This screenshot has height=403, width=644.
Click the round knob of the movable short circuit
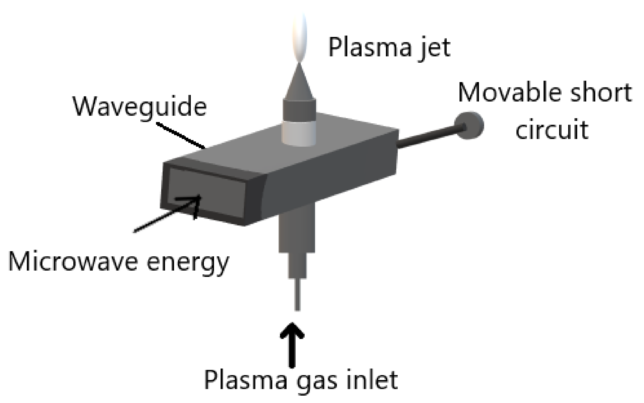[469, 126]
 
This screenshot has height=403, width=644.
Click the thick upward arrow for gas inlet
[292, 345]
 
